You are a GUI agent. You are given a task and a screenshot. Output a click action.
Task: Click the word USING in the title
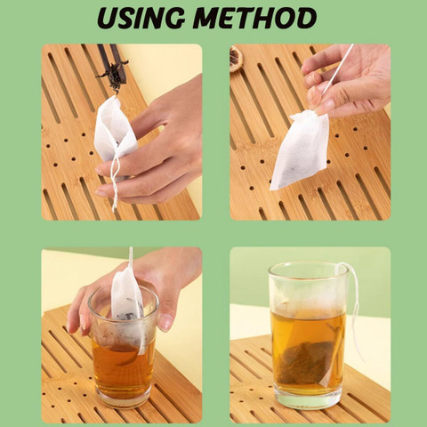click(141, 18)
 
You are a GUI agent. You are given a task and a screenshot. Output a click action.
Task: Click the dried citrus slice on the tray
click(237, 59)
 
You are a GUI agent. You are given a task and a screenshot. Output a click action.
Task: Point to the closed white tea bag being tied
click(300, 149)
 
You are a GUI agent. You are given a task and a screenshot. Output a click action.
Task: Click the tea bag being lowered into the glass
click(127, 300)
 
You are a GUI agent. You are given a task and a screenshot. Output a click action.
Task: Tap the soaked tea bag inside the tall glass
click(309, 362)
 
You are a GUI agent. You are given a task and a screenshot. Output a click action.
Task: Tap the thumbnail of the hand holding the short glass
click(165, 322)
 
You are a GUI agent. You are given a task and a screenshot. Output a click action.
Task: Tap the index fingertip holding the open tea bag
click(102, 171)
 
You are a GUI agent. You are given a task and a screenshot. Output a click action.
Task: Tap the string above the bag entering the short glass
click(131, 257)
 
